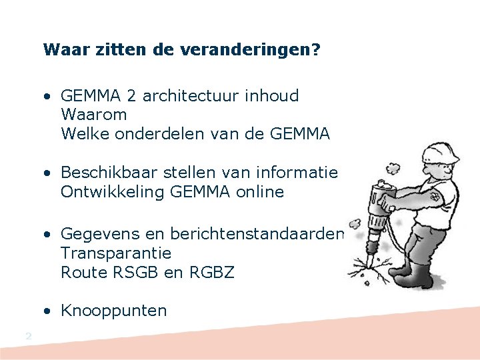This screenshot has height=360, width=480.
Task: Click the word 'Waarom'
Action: (x=93, y=115)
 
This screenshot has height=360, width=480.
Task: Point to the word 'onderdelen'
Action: (x=163, y=134)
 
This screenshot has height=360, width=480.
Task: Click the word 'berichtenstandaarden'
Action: (x=258, y=234)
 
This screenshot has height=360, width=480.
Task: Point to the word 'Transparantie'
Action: (x=116, y=253)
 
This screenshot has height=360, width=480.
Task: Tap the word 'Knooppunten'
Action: (x=113, y=311)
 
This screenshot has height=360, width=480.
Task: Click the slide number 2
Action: (x=28, y=336)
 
